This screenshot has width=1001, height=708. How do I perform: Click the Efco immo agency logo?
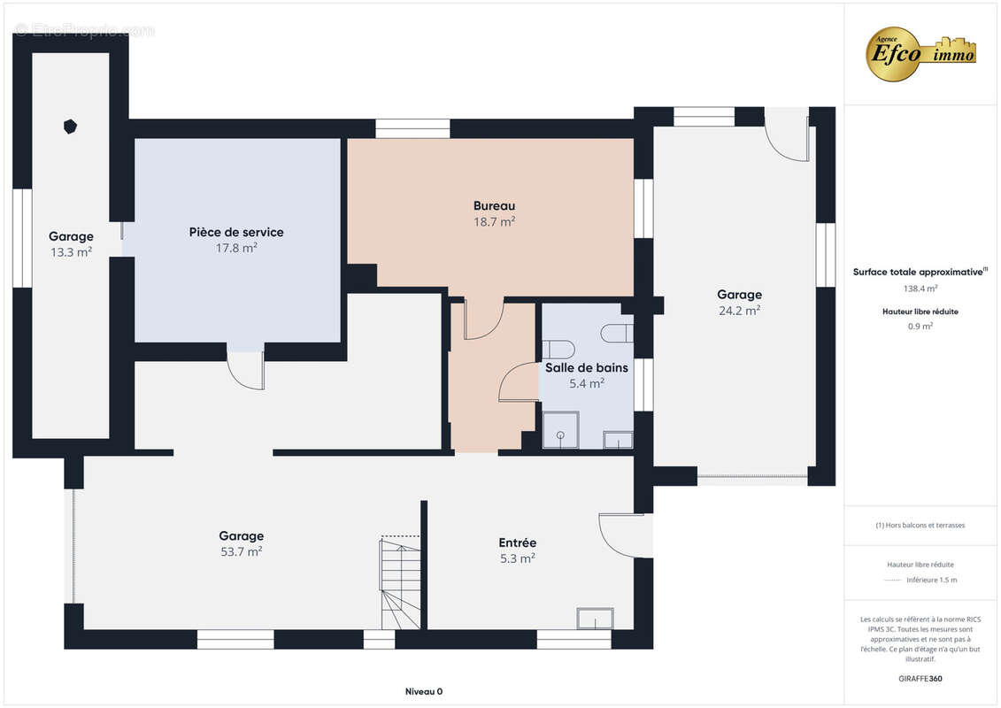[920, 54]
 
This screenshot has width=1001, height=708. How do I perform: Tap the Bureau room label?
[494, 205]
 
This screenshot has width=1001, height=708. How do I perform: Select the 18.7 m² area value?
[494, 221]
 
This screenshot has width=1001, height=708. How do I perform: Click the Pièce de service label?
[236, 232]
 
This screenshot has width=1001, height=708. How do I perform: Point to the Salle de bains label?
[587, 368]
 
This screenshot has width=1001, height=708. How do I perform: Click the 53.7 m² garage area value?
[242, 551]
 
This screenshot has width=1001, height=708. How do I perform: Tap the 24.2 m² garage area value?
[739, 311]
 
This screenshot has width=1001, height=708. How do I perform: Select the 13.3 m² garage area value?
[71, 252]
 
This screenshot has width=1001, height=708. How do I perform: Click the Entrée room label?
[517, 543]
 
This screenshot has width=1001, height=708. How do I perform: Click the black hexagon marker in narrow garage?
[70, 127]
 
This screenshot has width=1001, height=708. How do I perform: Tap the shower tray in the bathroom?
[560, 429]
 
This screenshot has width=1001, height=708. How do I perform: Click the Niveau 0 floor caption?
[424, 691]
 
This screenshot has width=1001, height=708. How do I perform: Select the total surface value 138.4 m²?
[920, 289]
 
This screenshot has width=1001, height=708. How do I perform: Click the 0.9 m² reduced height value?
[920, 327]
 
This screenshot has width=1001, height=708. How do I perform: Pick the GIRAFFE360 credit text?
[920, 679]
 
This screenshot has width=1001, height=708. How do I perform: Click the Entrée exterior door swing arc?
[611, 540]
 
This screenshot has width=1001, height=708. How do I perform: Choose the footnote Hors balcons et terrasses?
[920, 526]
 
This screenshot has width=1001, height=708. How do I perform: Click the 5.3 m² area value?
[517, 558]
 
